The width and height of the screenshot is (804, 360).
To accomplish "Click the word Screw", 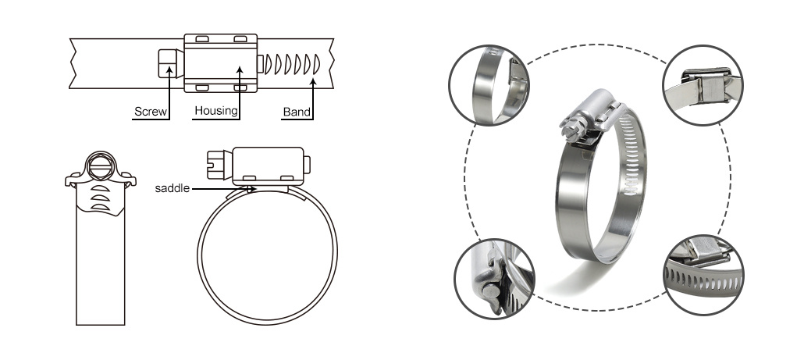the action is click(x=150, y=112).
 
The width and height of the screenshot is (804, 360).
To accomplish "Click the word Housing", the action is click(x=216, y=111).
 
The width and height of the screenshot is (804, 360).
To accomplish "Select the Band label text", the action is click(x=297, y=112).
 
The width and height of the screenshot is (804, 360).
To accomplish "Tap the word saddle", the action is click(x=173, y=189).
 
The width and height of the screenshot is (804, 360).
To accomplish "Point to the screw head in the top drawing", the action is click(x=170, y=63).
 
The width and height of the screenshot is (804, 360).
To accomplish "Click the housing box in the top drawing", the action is click(x=220, y=63).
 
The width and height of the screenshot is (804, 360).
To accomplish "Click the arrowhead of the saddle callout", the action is click(x=251, y=189).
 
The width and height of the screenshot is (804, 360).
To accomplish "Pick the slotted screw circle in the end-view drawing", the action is click(x=100, y=165).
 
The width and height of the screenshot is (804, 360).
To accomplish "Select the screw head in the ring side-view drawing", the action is click(x=219, y=165).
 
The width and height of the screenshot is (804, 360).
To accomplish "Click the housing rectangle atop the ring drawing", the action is click(x=268, y=165).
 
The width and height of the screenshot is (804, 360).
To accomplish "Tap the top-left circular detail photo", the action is click(x=489, y=85).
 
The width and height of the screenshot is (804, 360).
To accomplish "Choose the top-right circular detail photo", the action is click(x=703, y=85).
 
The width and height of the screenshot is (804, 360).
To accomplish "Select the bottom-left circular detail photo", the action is click(x=495, y=279).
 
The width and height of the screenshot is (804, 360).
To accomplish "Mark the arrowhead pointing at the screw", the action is click(x=169, y=67).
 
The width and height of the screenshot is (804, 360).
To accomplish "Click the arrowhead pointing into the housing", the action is click(x=239, y=70).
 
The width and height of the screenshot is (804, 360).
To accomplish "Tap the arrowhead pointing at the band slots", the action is click(x=314, y=81).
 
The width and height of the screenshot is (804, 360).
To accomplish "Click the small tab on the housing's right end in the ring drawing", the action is click(x=307, y=165).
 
